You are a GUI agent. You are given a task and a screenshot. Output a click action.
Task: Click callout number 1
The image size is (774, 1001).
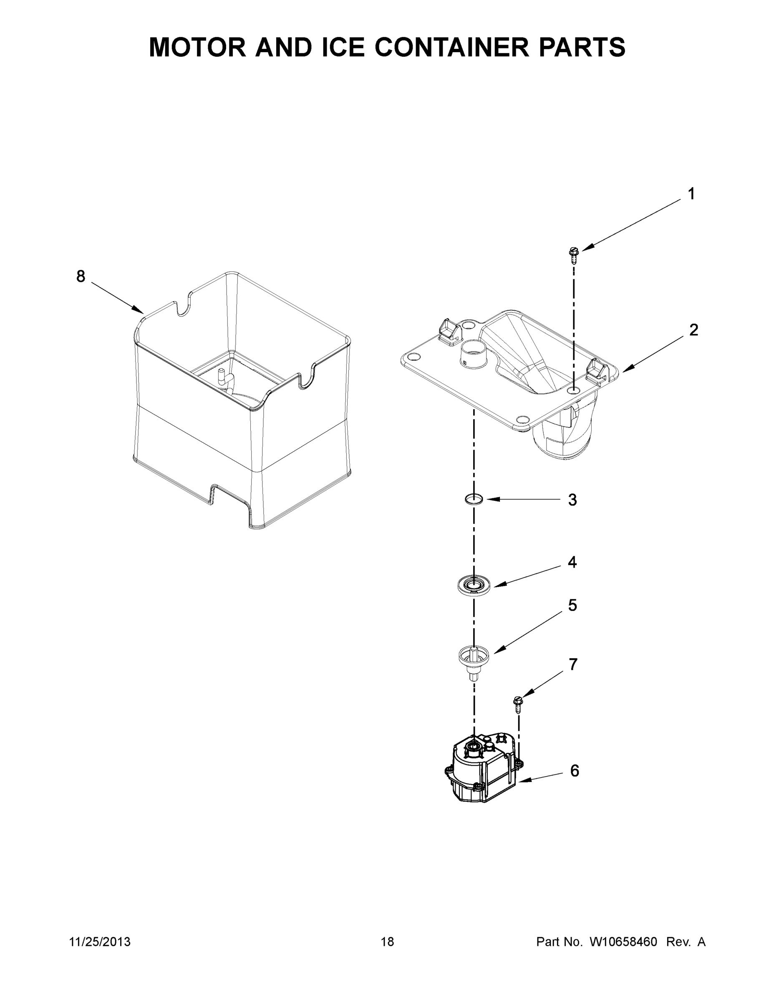tap(691, 194)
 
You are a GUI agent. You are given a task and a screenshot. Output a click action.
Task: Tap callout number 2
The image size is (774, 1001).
tap(693, 330)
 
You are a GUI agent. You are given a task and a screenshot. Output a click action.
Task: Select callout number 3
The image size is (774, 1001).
tap(572, 500)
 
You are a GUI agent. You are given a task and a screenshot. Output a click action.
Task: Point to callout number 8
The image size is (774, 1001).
tap(81, 277)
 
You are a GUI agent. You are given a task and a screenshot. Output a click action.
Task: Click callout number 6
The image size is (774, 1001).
tap(575, 771)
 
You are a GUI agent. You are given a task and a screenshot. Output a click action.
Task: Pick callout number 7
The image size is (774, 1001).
tap(573, 664)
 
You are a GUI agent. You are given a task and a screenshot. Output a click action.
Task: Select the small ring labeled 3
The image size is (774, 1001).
tap(474, 499)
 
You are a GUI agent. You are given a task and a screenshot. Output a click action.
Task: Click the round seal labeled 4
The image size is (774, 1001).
tap(474, 585)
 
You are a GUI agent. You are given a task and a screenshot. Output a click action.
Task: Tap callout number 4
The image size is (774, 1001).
tap(572, 562)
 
